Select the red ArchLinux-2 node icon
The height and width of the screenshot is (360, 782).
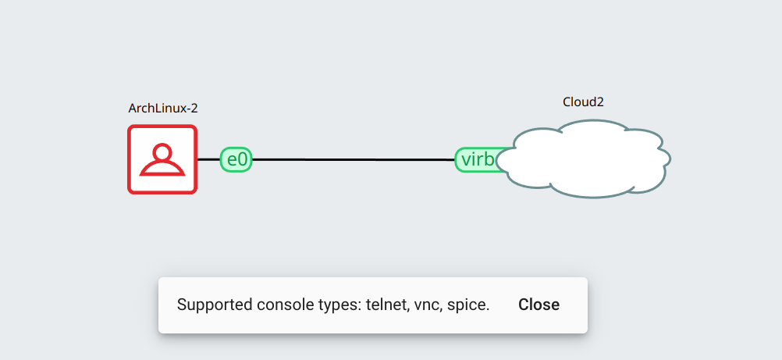coord(162,159)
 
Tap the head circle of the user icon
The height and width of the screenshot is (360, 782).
coord(162,152)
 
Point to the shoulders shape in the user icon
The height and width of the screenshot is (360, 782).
coord(162,168)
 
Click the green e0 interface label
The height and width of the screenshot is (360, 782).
coord(236,159)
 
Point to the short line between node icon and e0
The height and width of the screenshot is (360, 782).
coord(208,159)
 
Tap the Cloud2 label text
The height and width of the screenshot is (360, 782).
coord(583,102)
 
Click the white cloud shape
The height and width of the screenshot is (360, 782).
coord(585,159)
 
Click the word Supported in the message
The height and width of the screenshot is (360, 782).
coord(215,305)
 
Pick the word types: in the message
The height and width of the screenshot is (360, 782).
coord(337,305)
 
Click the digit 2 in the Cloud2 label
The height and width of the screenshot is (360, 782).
coord(600,102)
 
